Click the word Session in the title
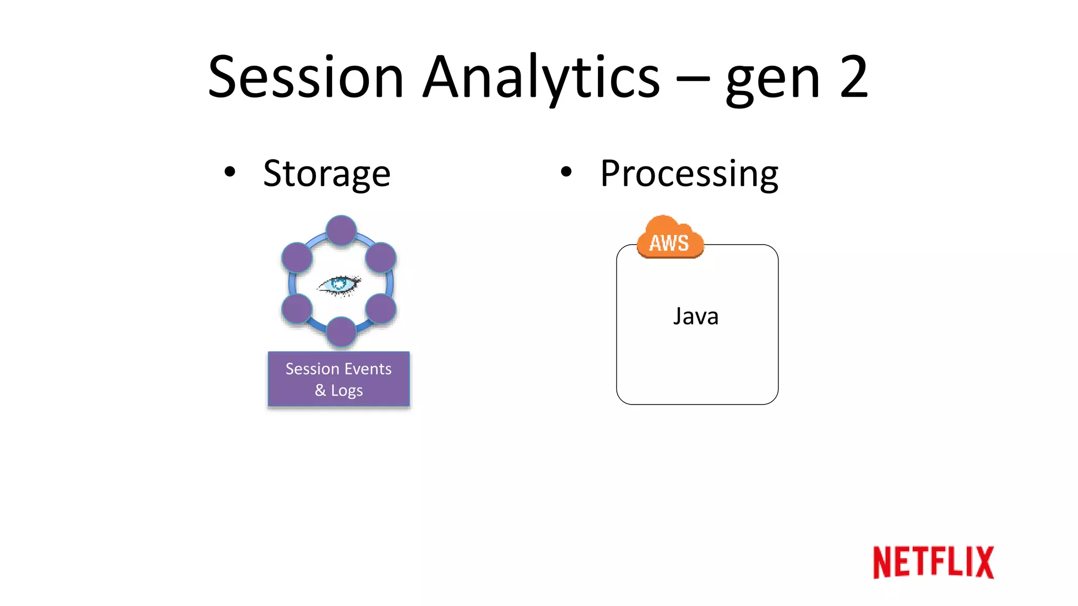click(306, 78)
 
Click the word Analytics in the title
click(541, 78)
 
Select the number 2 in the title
click(853, 78)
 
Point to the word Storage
click(326, 174)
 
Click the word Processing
click(689, 174)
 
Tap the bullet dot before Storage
click(229, 171)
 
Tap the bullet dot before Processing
click(566, 171)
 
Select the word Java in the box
click(695, 317)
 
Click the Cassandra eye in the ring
click(340, 285)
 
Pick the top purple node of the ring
click(341, 230)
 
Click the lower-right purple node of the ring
click(381, 309)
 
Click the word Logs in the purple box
click(346, 391)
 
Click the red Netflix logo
click(933, 562)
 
